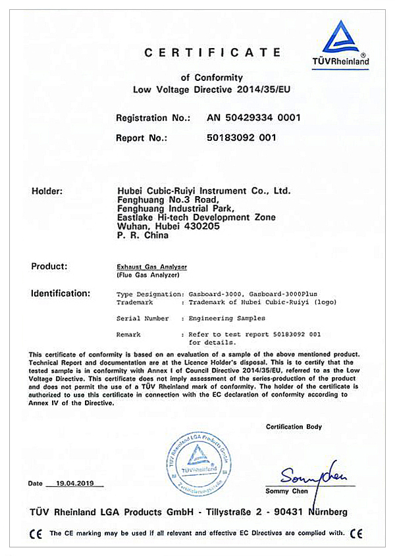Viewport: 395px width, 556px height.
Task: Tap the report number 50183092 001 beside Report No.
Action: click(x=242, y=138)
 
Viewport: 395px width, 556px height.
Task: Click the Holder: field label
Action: click(x=47, y=191)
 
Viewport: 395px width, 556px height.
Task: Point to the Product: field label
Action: click(x=49, y=266)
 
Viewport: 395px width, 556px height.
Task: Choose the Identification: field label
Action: click(x=61, y=293)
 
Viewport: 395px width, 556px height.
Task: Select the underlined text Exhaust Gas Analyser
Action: click(x=151, y=266)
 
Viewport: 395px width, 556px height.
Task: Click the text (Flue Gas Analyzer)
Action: click(x=147, y=276)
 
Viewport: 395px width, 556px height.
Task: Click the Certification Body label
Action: click(x=294, y=427)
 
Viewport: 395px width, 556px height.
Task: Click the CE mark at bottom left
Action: click(x=38, y=533)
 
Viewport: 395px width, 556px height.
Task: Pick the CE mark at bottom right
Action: click(x=357, y=533)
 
